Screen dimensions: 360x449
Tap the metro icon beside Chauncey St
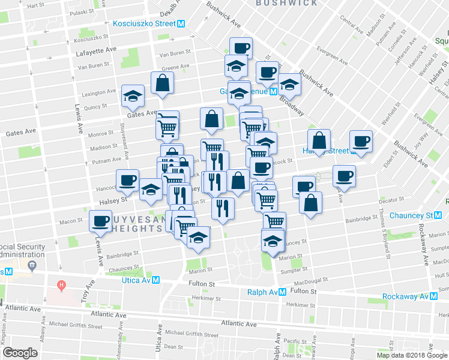point(438,215)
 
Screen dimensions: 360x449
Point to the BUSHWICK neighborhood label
point(286,3)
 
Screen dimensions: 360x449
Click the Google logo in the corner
point(20,353)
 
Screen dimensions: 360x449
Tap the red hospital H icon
point(61,284)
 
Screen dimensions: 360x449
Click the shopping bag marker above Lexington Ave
point(162,83)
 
